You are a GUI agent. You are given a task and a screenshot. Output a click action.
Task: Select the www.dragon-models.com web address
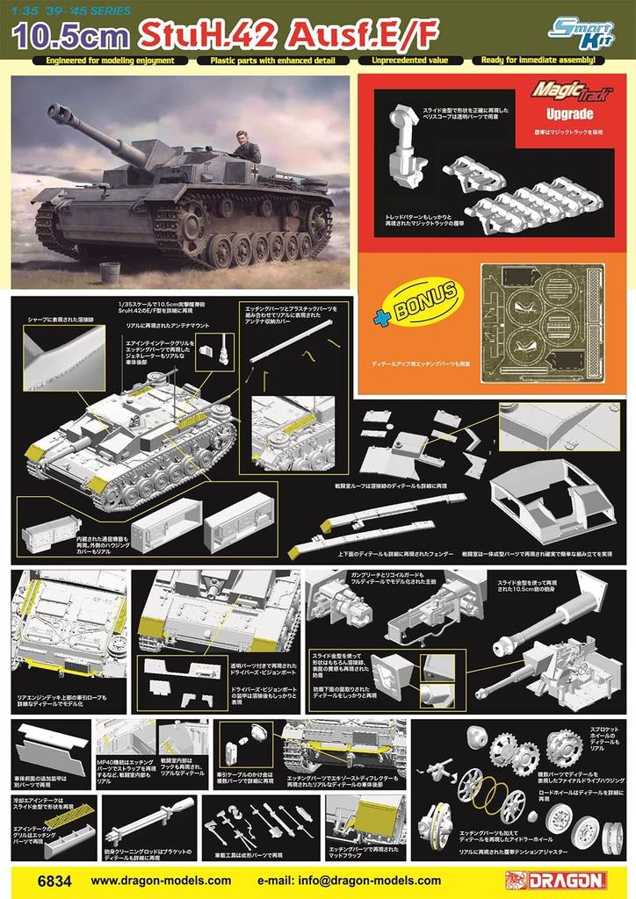point(161,880)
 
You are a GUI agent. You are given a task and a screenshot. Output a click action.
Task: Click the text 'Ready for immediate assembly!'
point(539,61)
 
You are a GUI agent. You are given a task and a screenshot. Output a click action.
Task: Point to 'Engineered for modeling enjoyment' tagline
point(105,61)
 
